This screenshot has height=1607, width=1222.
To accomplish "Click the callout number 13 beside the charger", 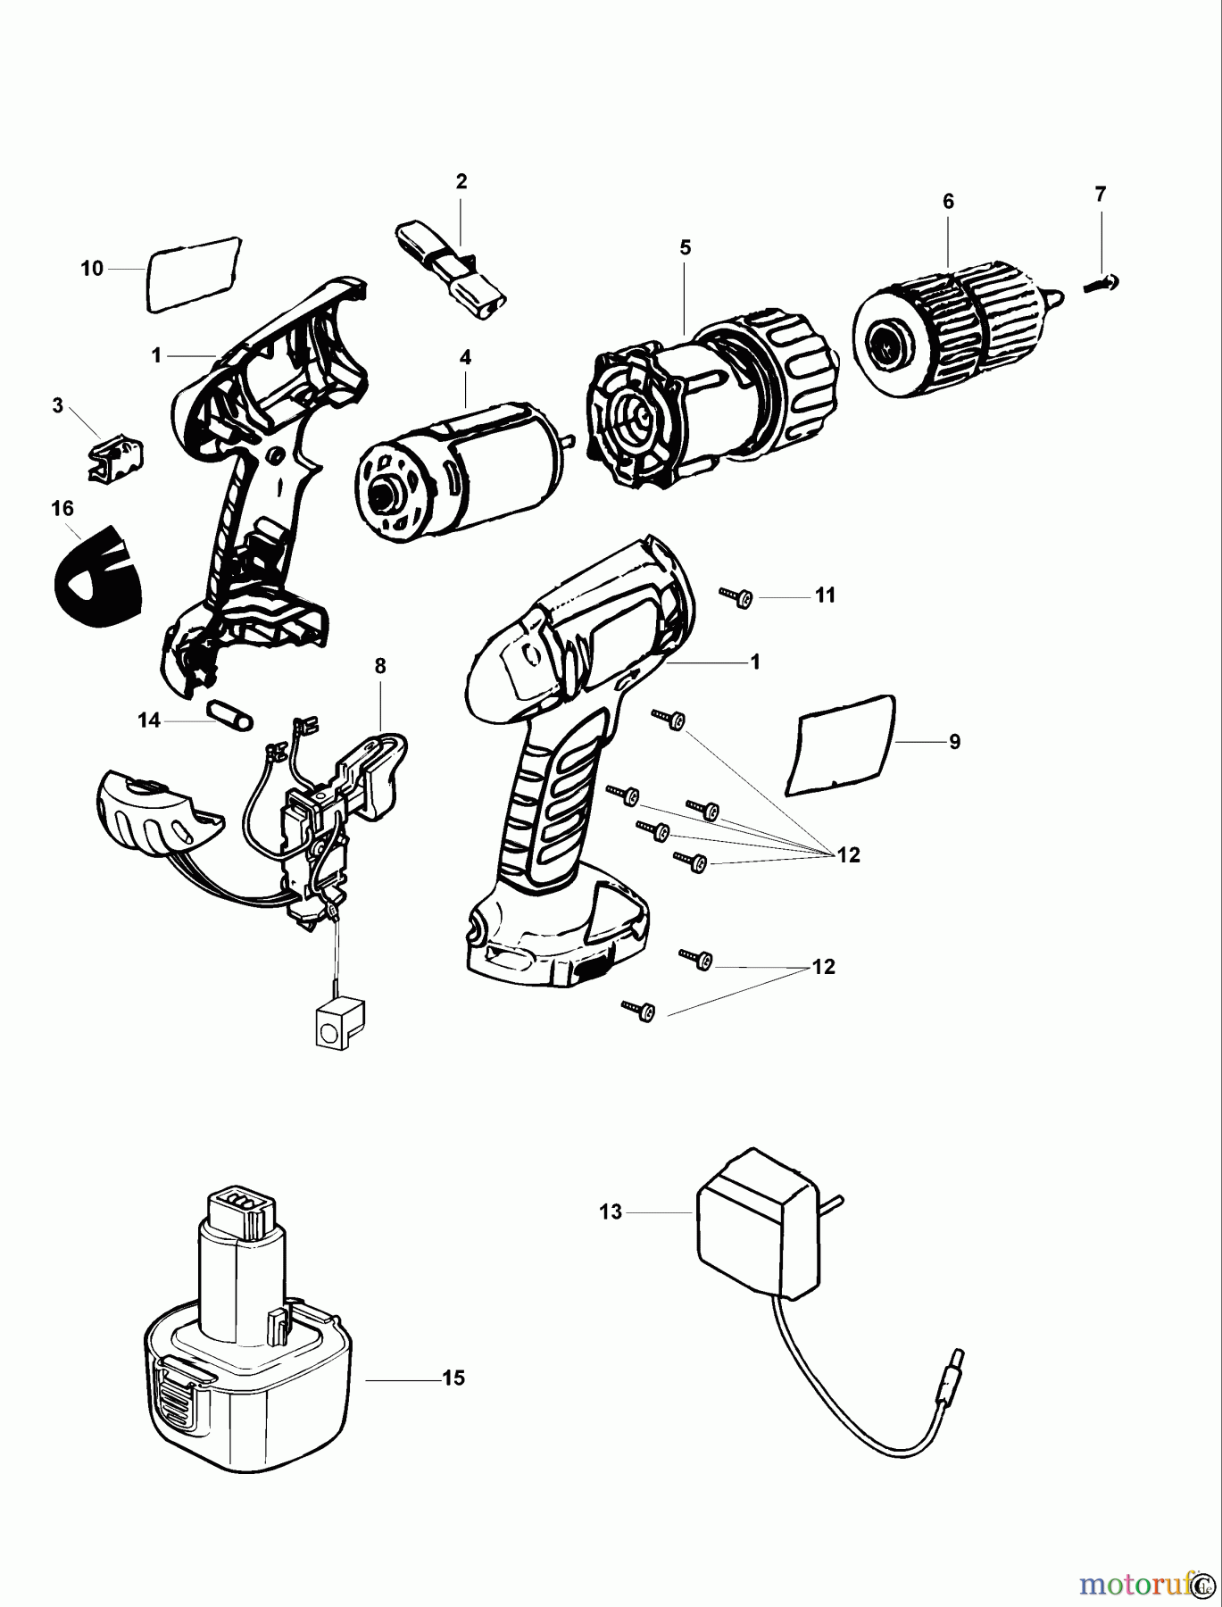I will [x=611, y=1212].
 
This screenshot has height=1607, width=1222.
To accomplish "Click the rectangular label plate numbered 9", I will [x=840, y=744].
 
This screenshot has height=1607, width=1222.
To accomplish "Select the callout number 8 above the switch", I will [x=380, y=666].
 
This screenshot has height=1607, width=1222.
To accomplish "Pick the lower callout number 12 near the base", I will [x=823, y=967].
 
